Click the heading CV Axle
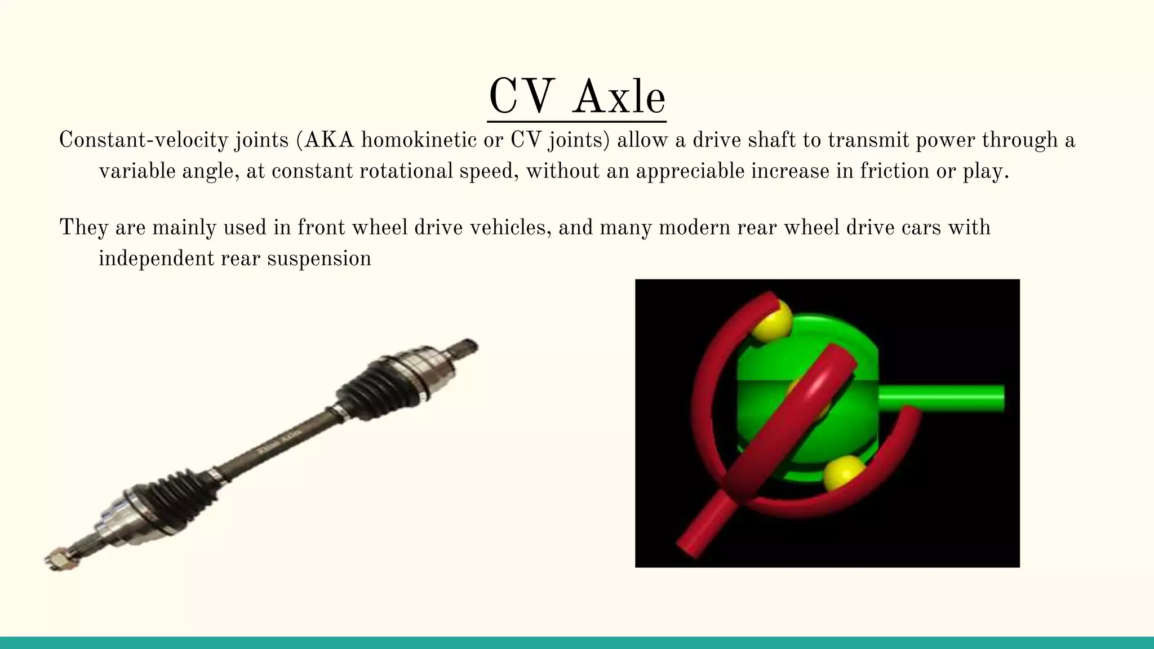point(576,97)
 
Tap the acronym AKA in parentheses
point(329,140)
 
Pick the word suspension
point(319,259)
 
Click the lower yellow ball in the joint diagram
point(844,472)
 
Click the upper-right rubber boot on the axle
point(372,390)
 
